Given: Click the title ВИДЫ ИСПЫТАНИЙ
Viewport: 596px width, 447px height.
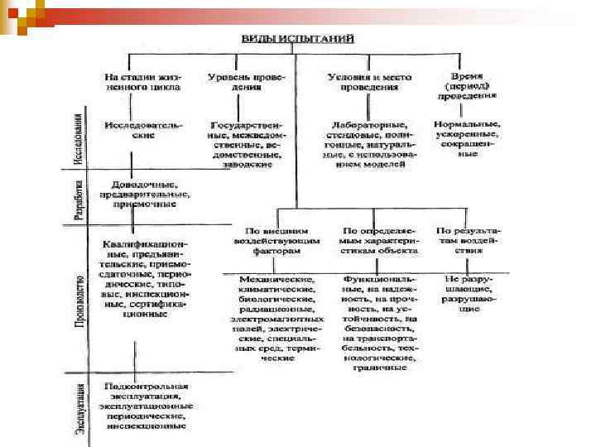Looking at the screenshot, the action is coord(297,39).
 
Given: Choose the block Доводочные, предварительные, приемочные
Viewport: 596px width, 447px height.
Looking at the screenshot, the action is coord(146,192).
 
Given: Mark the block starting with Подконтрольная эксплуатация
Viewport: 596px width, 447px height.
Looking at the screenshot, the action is coord(146,406).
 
